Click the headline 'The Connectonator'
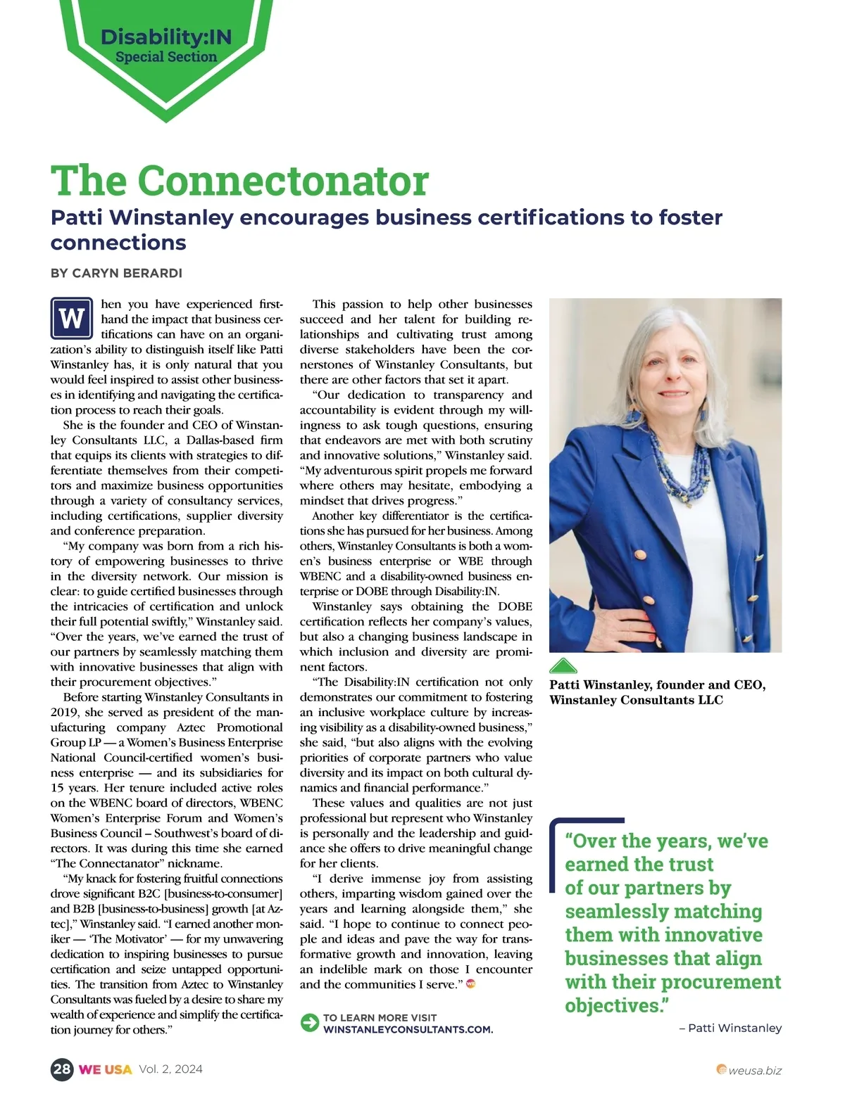click(x=239, y=181)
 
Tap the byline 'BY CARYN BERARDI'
click(x=116, y=273)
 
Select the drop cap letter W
click(x=72, y=319)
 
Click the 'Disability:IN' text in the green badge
click(x=166, y=37)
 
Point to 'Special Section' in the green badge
click(x=166, y=57)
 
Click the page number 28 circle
click(x=62, y=1069)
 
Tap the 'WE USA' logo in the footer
click(x=105, y=1069)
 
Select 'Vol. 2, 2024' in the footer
click(x=170, y=1069)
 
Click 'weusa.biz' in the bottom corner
click(x=754, y=1071)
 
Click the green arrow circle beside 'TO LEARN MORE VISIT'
click(x=310, y=1023)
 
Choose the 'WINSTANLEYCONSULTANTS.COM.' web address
click(x=408, y=1029)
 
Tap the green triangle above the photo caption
click(x=563, y=666)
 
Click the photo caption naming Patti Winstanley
click(x=657, y=692)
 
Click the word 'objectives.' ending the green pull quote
click(x=616, y=1005)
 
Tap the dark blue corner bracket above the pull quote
click(x=586, y=822)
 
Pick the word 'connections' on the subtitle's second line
click(x=118, y=243)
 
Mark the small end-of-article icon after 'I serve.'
click(x=471, y=983)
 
